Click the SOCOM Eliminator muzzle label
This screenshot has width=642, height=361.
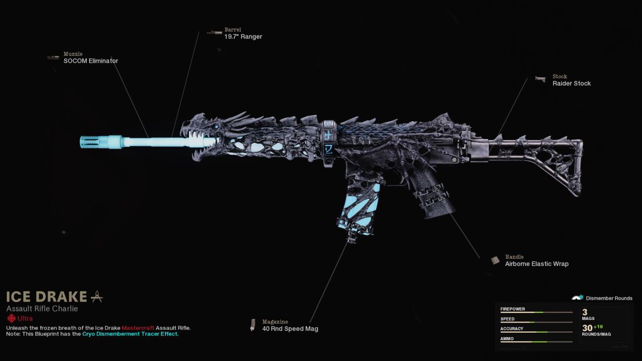click(90, 61)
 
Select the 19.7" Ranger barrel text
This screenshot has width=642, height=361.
click(243, 37)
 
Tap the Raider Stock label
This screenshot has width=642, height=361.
click(571, 83)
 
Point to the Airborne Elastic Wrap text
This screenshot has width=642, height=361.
click(537, 264)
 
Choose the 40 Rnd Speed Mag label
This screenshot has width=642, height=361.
click(290, 328)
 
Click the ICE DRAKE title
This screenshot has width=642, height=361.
click(47, 296)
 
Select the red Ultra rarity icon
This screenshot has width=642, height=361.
click(11, 318)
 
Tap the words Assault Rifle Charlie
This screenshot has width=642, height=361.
click(42, 309)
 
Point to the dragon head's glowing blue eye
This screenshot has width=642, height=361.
click(215, 127)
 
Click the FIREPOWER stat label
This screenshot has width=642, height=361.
click(513, 309)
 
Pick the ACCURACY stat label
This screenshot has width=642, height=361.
click(512, 329)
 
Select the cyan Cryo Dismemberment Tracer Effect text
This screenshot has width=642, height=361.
click(130, 334)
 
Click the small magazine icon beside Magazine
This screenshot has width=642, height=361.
click(253, 325)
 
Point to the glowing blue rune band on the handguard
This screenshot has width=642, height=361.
click(329, 136)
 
